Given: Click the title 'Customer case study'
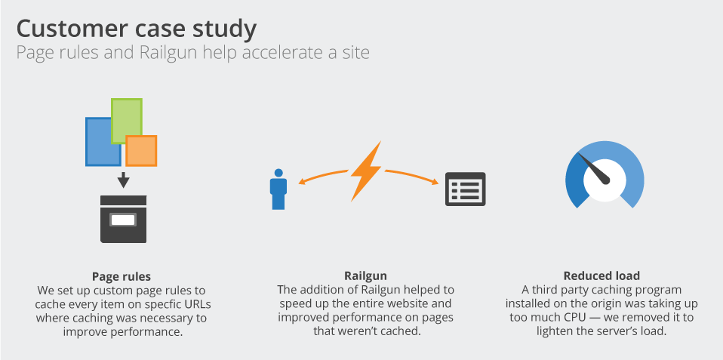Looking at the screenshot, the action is [x=137, y=29].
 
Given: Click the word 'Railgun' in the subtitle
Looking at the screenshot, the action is [x=167, y=52].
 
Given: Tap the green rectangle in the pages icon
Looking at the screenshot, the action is [x=126, y=121].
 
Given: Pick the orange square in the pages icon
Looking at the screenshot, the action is [x=142, y=151].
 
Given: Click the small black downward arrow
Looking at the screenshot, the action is [x=123, y=180].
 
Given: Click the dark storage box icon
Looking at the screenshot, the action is [x=123, y=219].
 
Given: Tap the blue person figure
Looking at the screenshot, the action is [x=278, y=189].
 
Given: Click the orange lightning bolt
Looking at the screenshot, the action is [x=367, y=171].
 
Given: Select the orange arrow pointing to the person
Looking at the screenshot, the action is [x=323, y=176].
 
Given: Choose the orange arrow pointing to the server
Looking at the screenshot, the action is [x=411, y=176].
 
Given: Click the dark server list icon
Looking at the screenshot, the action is [x=465, y=189].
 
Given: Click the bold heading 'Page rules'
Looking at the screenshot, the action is [x=122, y=276].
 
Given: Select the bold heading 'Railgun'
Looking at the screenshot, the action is [x=365, y=276].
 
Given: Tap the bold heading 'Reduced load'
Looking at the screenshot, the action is [x=601, y=276].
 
